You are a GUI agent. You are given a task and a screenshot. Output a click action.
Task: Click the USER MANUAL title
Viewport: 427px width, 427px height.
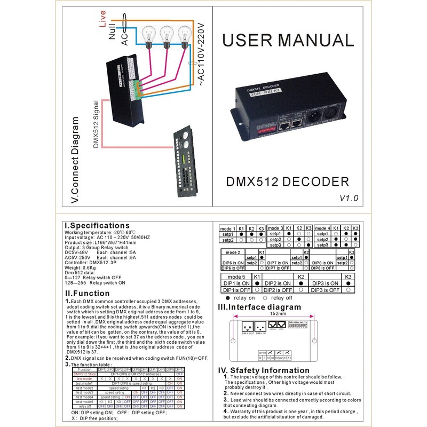[287, 41]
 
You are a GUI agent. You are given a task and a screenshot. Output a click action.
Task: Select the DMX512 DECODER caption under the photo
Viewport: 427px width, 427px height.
[288, 181]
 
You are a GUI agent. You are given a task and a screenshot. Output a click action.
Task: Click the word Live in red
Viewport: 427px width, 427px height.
[102, 22]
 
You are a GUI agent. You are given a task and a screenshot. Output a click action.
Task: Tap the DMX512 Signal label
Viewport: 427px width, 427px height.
[96, 123]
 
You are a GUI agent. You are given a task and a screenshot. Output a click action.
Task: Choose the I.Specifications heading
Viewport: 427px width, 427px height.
[97, 225]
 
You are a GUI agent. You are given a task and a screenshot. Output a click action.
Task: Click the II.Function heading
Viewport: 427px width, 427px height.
[87, 293]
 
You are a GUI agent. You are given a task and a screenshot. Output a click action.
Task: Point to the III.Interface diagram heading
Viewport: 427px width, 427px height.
[259, 307]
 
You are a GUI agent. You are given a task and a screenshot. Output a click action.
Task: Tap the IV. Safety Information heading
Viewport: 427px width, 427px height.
[264, 370]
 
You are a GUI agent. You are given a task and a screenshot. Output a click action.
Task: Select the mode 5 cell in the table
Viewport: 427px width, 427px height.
[236, 277]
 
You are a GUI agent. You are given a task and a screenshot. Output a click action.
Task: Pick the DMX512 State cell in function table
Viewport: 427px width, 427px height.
[84, 374]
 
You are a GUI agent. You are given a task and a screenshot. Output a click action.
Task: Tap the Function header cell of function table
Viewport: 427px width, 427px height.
[84, 369]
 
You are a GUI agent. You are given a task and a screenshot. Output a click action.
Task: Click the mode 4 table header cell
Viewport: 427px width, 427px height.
[322, 228]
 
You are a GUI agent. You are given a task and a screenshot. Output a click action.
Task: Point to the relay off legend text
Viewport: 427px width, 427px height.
[282, 298]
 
